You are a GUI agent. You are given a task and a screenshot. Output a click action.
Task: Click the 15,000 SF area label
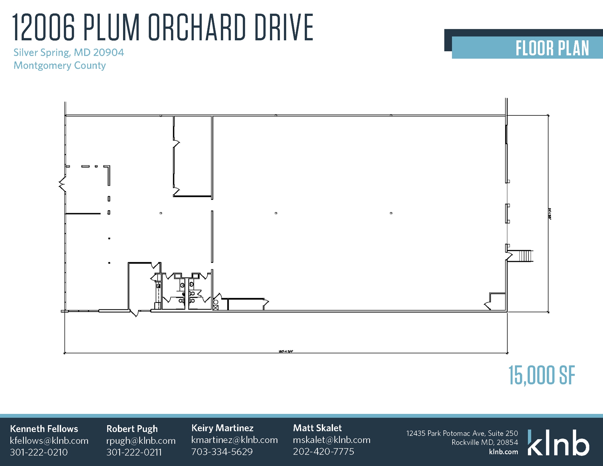(x=542, y=375)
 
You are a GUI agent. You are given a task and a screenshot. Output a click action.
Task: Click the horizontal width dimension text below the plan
(x=286, y=351)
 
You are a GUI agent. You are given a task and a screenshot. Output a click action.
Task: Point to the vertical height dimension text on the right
(x=549, y=214)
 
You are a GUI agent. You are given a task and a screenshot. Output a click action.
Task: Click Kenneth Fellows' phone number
(x=39, y=452)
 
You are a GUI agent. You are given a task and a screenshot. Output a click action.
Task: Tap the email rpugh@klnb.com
(x=141, y=441)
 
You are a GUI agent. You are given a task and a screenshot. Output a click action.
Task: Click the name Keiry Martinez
(x=222, y=428)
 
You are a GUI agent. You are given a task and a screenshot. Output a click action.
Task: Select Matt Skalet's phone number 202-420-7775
(x=323, y=452)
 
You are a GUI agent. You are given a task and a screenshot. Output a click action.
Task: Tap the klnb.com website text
(x=503, y=452)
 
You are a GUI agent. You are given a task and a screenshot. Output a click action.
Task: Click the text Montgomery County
(x=59, y=65)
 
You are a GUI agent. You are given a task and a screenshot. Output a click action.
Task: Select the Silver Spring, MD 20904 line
(x=69, y=52)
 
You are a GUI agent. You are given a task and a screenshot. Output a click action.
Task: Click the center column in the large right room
(x=276, y=213)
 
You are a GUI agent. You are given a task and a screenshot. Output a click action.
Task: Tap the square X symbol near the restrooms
(x=216, y=308)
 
